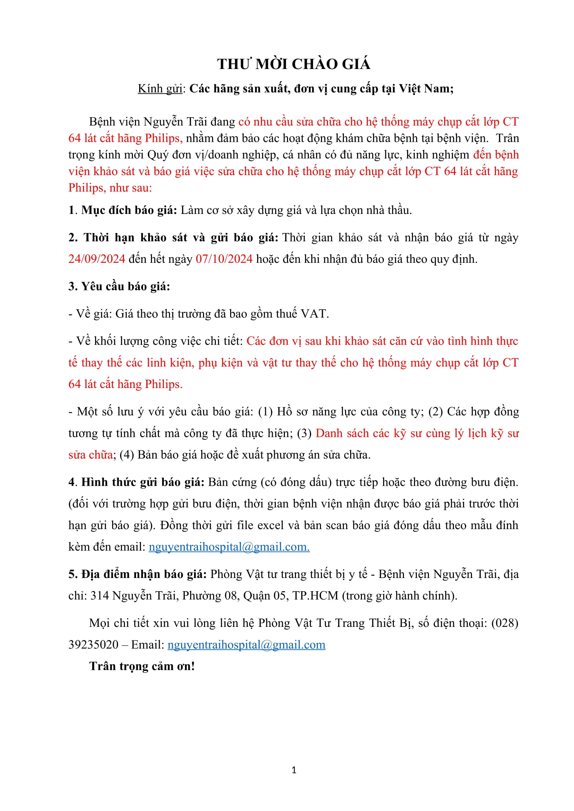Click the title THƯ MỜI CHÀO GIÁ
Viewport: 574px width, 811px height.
coord(294,64)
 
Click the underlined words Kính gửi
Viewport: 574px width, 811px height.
coord(160,89)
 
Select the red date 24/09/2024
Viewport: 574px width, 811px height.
coord(96,259)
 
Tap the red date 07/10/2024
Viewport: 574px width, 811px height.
coord(224,259)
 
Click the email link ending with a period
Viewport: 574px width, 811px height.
coord(229,547)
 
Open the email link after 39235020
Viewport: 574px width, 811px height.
coord(246,645)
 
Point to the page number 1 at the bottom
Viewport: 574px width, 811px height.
coord(294,770)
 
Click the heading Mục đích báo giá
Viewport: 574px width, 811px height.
coord(129,210)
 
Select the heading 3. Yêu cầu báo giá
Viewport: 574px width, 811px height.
coord(119,286)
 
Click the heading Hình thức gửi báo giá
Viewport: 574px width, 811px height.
coord(143,482)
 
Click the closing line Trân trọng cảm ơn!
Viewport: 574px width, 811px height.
coord(142,666)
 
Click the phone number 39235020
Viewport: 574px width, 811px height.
coord(93,645)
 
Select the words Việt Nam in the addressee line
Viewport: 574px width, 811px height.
coord(426,89)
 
